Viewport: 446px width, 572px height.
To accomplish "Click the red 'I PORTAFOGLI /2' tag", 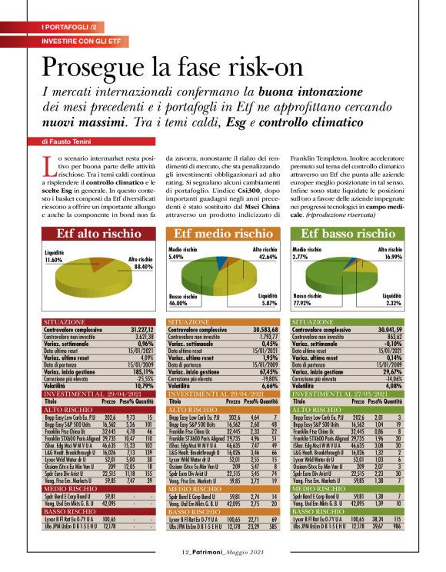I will coord(68,28).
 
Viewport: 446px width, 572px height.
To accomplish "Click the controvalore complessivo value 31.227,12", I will coord(141,329).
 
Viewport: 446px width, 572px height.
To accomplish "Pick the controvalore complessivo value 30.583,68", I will coord(264,329).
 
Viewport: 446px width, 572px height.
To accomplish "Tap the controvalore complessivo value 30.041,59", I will coord(389,329).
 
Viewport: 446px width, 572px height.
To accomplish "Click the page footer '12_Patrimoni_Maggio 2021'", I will coord(223,552).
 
